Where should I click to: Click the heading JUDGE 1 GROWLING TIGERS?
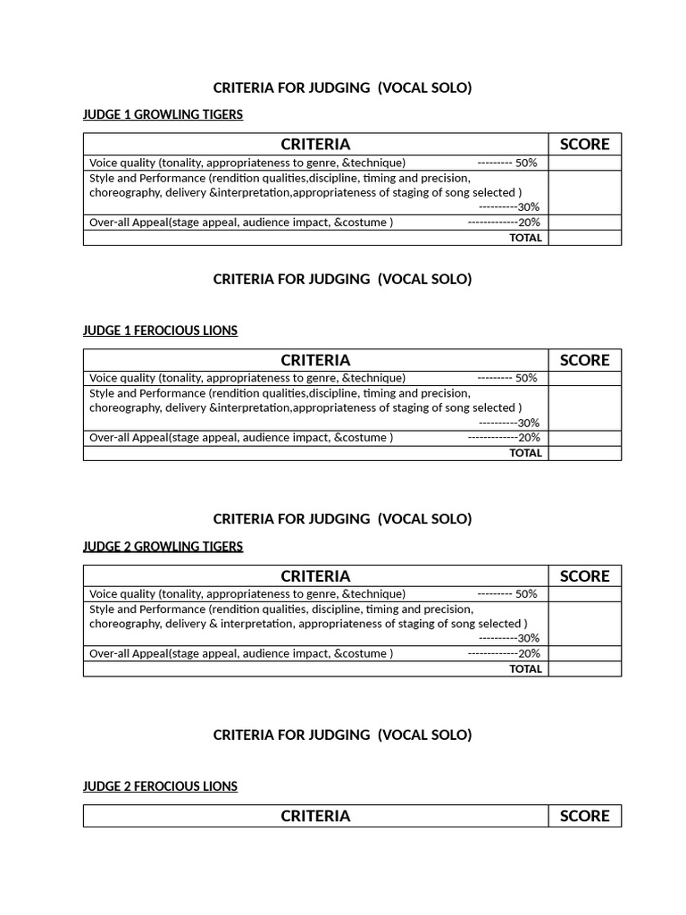pos(163,114)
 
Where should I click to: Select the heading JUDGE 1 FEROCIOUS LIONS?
pos(160,331)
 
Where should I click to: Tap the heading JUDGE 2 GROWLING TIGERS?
pos(163,546)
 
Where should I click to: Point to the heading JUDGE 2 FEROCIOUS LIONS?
pos(160,786)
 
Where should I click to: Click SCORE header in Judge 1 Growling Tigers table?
pos(584,144)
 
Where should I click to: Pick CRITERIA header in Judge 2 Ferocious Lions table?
pos(315,816)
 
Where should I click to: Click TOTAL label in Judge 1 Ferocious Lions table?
pos(525,453)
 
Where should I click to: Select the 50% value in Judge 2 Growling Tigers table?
pos(526,594)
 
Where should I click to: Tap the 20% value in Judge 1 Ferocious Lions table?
pos(529,438)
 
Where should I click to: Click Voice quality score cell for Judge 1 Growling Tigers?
pos(584,163)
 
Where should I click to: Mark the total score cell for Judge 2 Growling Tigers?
pos(584,668)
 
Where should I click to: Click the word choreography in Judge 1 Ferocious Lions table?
pos(123,407)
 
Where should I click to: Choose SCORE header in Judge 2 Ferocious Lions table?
pos(584,816)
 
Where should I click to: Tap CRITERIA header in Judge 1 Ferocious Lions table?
pos(315,360)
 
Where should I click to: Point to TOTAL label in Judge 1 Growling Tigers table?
pos(525,238)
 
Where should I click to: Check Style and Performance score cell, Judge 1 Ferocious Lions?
pos(584,407)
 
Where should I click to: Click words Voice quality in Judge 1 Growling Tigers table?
pos(121,163)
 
